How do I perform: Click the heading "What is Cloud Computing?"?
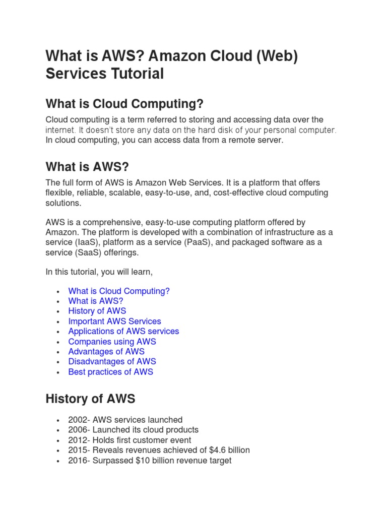(x=124, y=104)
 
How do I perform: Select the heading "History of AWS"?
(x=90, y=399)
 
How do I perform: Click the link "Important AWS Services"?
(x=114, y=321)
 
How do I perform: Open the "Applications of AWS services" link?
(x=123, y=331)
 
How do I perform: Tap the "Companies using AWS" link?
(x=112, y=341)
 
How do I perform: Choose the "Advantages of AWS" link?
(x=106, y=351)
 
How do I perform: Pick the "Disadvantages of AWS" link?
(x=112, y=361)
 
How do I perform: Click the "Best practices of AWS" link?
(x=110, y=372)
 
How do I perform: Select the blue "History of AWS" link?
(x=97, y=311)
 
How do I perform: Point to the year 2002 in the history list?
(x=77, y=420)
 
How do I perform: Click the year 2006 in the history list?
(x=77, y=430)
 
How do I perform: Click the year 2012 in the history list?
(x=77, y=440)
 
